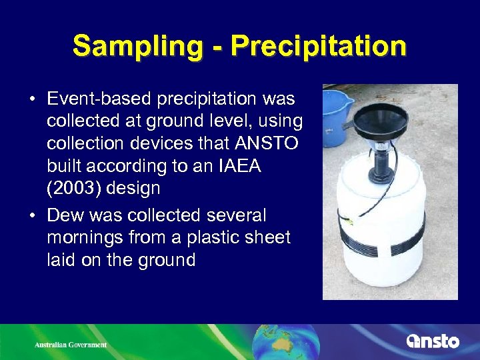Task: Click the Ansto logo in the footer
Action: click(x=433, y=341)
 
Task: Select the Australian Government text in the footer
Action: click(x=71, y=345)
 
